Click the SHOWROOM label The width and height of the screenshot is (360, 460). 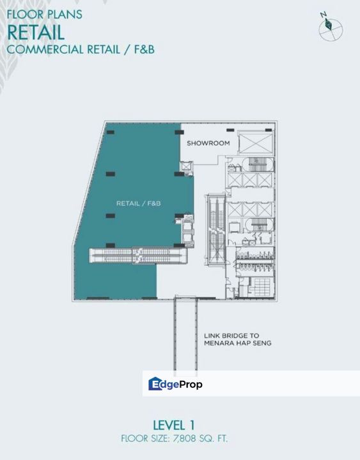208,143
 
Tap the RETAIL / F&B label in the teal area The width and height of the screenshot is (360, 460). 139,203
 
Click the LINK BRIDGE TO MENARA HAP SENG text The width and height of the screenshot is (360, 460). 238,339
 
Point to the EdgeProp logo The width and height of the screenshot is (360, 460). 175,384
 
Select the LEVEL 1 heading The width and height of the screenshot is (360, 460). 174,425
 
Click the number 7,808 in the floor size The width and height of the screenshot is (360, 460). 184,438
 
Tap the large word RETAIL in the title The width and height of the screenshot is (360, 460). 36,33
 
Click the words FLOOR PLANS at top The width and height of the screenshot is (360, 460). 44,14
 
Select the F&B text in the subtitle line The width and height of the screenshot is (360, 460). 144,49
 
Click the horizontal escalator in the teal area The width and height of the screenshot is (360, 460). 138,255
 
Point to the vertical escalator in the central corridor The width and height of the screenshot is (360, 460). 216,230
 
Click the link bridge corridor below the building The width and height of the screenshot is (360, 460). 185,333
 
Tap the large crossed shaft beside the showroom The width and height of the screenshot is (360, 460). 255,143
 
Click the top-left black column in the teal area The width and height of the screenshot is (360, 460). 111,132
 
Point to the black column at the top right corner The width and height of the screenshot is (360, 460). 269,130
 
